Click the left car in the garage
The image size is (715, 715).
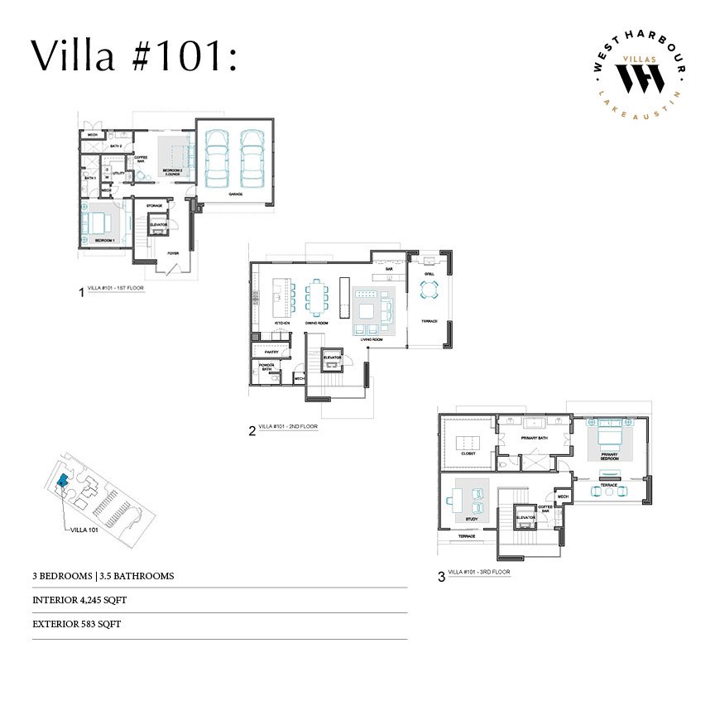point(218,157)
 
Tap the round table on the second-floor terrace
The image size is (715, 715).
point(430,290)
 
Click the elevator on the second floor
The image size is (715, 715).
point(333,357)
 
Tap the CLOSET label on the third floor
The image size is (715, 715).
point(468,453)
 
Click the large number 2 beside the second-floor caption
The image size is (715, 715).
point(252,429)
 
